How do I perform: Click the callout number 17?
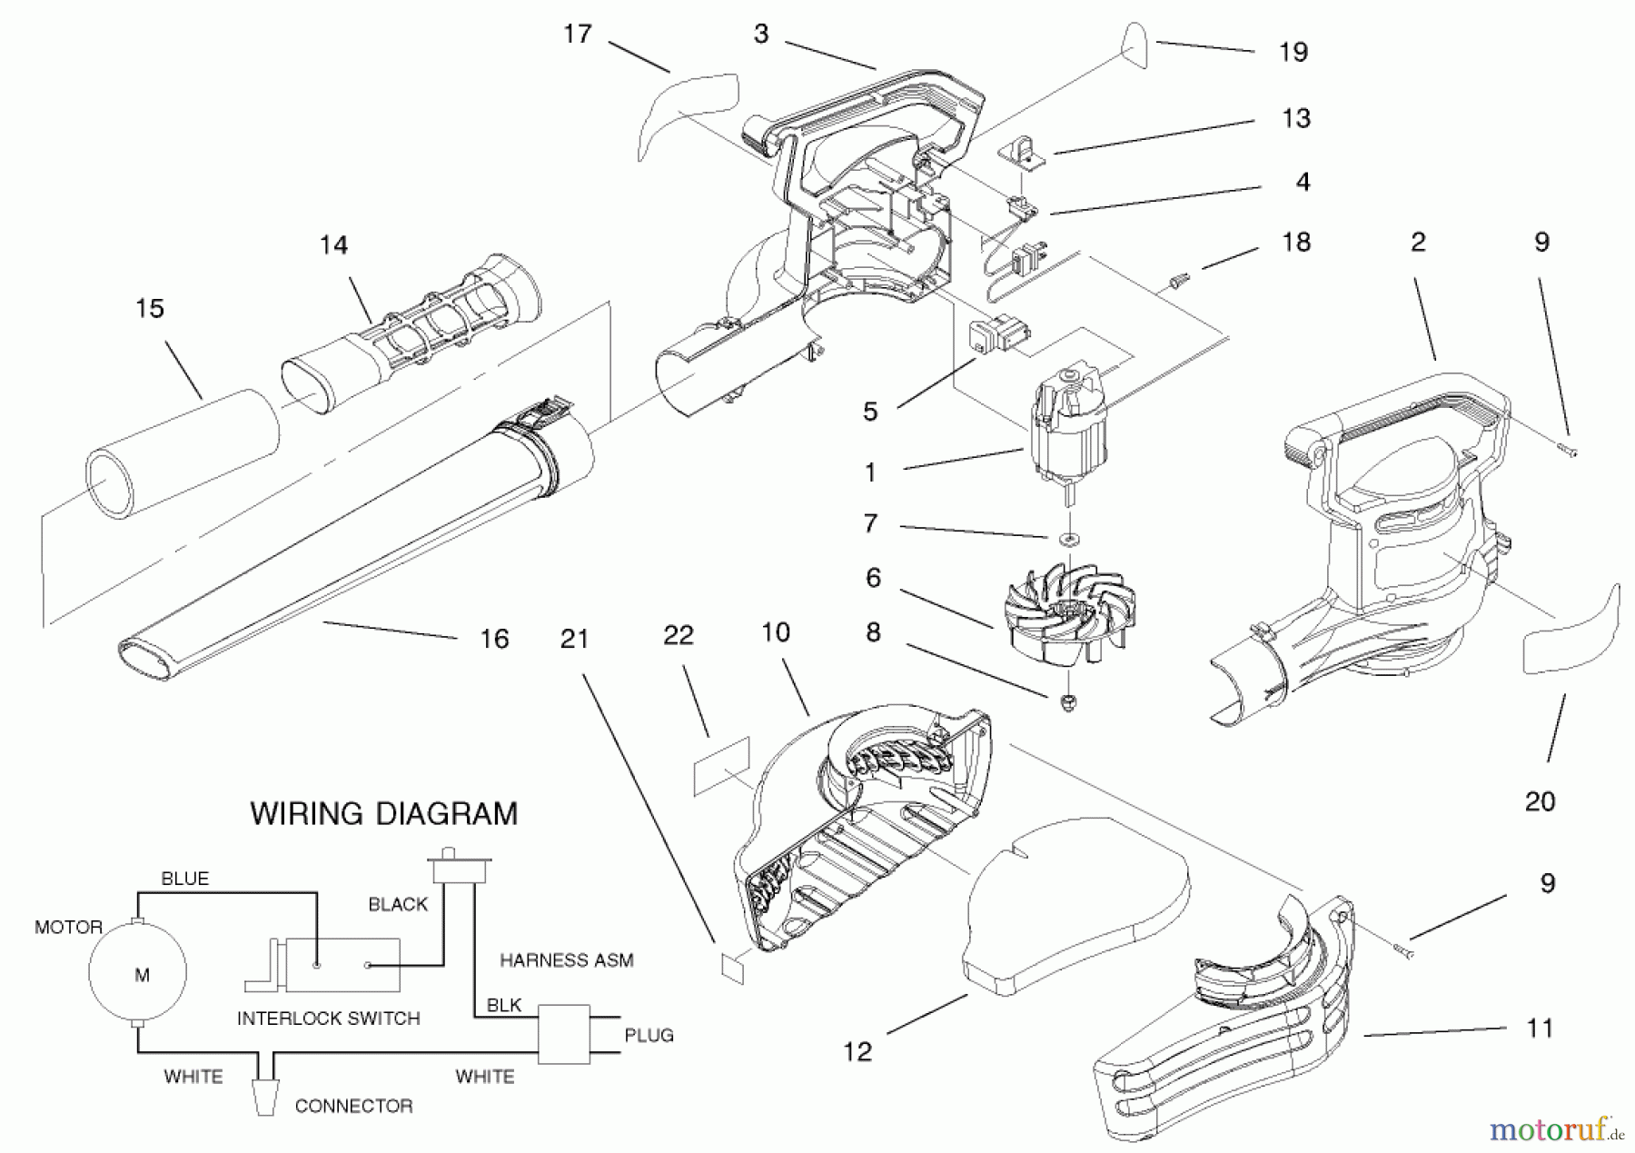[x=578, y=35]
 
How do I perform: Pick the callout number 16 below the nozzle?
[x=494, y=640]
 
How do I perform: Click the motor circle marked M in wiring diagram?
[x=137, y=973]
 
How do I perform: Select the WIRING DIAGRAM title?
[x=383, y=813]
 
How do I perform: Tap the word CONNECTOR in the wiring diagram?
[x=353, y=1106]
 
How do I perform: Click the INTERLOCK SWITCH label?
[x=328, y=1019]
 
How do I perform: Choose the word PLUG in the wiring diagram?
[x=649, y=1035]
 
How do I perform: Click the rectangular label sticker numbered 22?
[x=722, y=766]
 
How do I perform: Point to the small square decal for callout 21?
[x=732, y=969]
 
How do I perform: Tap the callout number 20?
[x=1540, y=801]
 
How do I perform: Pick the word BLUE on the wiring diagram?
[x=184, y=879]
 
